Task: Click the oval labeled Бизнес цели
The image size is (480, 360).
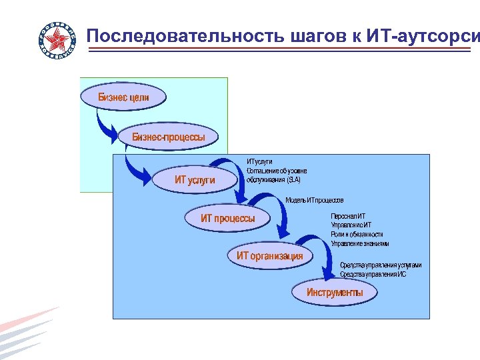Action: tap(123, 97)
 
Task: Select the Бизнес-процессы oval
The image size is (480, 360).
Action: tap(169, 137)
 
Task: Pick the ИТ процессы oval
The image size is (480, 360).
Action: tap(228, 218)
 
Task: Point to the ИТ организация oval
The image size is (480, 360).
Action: tap(269, 255)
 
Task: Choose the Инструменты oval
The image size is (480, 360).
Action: tap(335, 292)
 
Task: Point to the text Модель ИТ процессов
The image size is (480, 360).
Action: tap(314, 200)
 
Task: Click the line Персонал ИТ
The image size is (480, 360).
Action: tap(347, 216)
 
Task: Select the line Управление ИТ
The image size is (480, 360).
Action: tap(351, 225)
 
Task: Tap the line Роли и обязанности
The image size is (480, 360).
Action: tap(357, 235)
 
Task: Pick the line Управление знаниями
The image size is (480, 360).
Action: tap(359, 244)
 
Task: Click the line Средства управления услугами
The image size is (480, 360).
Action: tap(380, 265)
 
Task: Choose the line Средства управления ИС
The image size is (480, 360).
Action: tap(373, 274)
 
